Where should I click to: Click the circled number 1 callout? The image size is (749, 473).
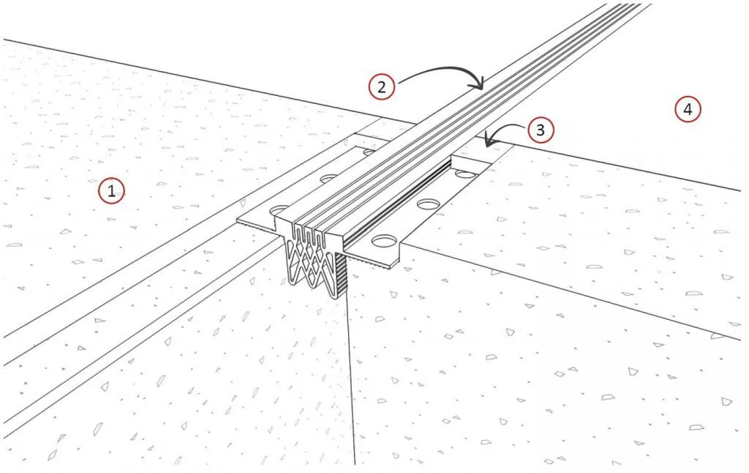tap(111, 191)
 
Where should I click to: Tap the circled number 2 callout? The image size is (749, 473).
tap(381, 87)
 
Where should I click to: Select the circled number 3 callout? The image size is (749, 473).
tap(541, 130)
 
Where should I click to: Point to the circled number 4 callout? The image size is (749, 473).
tap(688, 109)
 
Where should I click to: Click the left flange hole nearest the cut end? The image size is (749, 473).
tap(280, 210)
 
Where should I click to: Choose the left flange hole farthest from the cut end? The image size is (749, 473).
tap(369, 152)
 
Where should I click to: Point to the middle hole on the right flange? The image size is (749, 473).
tap(428, 204)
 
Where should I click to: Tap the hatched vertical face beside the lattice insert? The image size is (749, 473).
tap(341, 275)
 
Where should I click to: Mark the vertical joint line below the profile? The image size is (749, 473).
tap(351, 378)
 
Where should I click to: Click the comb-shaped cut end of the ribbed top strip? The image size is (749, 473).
tap(309, 231)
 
